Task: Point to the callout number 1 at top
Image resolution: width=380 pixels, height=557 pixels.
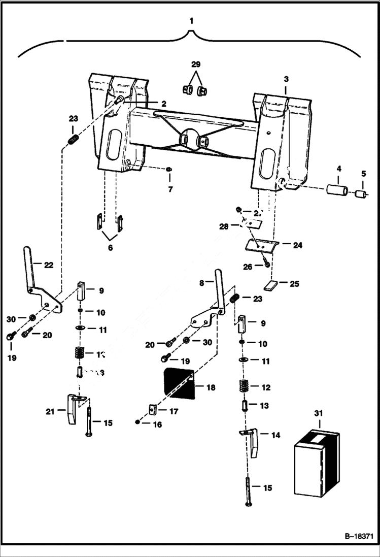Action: pyautogui.click(x=191, y=21)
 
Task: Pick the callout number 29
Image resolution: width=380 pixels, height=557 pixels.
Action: pyautogui.click(x=195, y=64)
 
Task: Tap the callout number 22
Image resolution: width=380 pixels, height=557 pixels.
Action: pyautogui.click(x=48, y=265)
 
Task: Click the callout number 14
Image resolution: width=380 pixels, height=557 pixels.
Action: pyautogui.click(x=276, y=435)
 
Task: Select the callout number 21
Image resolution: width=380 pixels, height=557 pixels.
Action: pyautogui.click(x=49, y=412)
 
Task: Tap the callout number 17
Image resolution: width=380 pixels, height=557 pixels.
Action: pyautogui.click(x=174, y=412)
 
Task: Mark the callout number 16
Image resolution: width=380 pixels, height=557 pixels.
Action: pyautogui.click(x=158, y=424)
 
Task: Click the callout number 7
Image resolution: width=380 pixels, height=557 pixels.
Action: pyautogui.click(x=170, y=189)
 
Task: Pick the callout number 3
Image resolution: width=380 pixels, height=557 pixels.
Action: pyautogui.click(x=286, y=79)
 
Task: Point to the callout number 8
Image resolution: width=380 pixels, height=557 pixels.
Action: pyautogui.click(x=201, y=282)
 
